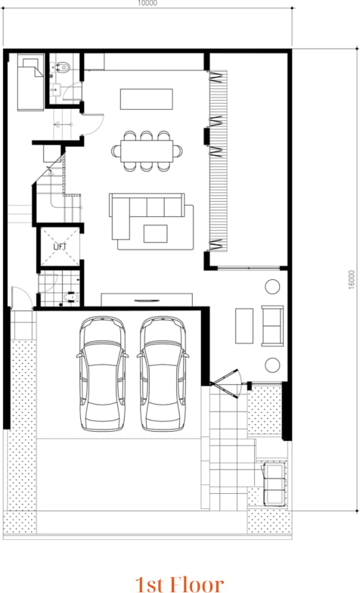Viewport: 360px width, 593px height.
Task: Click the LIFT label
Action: pyautogui.click(x=60, y=247)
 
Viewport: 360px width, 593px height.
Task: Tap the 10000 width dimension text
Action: pyautogui.click(x=147, y=4)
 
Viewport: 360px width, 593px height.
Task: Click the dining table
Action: pyautogui.click(x=147, y=151)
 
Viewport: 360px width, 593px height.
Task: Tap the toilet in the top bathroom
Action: pyautogui.click(x=64, y=67)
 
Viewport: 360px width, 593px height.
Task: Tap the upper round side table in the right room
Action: pyautogui.click(x=272, y=287)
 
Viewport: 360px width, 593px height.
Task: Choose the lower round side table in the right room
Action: pyautogui.click(x=272, y=365)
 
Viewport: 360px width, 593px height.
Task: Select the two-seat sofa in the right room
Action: pyautogui.click(x=272, y=324)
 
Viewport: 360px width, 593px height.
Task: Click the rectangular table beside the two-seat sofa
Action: pyautogui.click(x=244, y=325)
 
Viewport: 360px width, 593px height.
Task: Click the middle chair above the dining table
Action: pyautogui.click(x=147, y=136)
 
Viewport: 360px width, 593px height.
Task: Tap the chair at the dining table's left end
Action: pyautogui.click(x=116, y=151)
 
